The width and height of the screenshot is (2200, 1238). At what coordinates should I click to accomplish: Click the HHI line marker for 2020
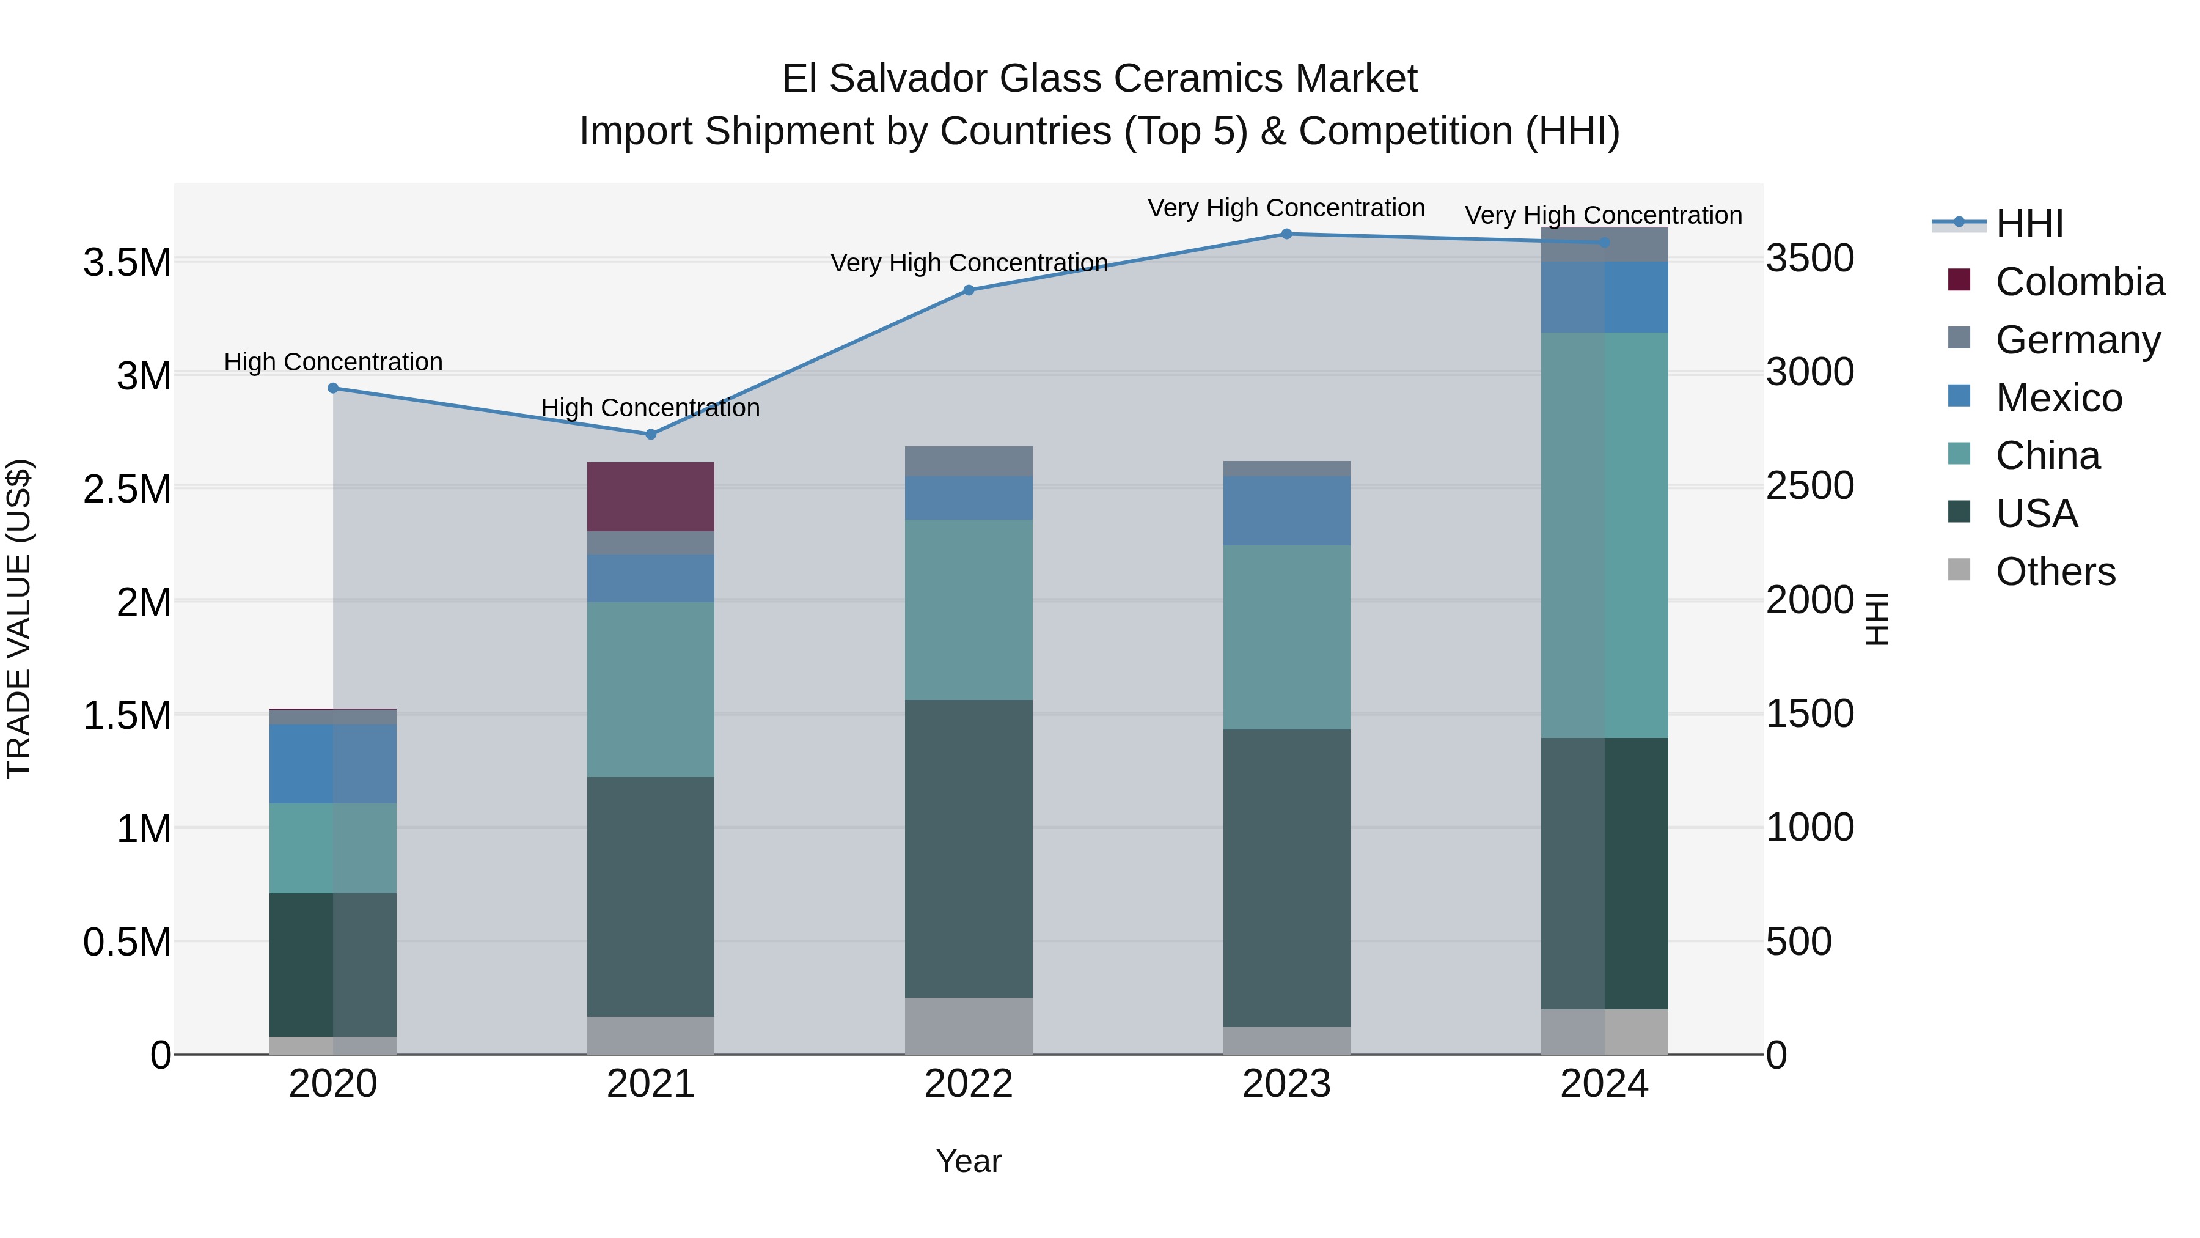(x=333, y=388)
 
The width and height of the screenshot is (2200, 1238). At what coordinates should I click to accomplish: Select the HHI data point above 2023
(x=1286, y=234)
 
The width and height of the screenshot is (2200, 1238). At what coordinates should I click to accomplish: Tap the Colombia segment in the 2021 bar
(x=650, y=496)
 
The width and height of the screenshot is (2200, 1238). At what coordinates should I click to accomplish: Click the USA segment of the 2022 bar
(x=969, y=849)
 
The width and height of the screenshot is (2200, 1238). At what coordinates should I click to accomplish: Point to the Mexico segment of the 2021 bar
(x=650, y=578)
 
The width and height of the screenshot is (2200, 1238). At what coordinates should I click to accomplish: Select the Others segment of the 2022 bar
(x=969, y=1025)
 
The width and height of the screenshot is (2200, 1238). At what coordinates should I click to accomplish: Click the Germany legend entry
(x=2077, y=340)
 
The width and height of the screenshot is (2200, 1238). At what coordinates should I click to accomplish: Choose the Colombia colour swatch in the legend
(x=1959, y=280)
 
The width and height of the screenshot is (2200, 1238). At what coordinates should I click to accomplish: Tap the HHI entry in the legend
(x=2028, y=224)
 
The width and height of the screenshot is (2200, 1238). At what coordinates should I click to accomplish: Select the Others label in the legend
(x=2055, y=572)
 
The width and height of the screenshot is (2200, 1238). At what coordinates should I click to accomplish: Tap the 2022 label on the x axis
(x=969, y=1084)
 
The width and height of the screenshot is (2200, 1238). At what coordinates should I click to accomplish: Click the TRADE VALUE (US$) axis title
(x=19, y=619)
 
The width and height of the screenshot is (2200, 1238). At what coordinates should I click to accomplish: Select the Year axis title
(x=969, y=1161)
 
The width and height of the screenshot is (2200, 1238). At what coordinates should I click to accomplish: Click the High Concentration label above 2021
(x=650, y=408)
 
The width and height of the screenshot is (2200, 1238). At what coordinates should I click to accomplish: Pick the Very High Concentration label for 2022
(x=969, y=262)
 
